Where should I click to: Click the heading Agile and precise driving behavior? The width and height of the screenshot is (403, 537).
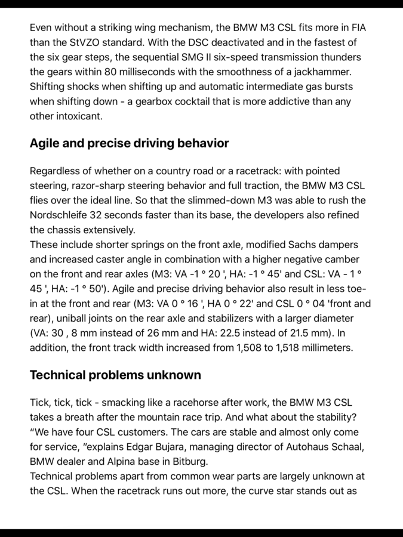point(129,143)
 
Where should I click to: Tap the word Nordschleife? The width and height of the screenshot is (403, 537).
point(59,215)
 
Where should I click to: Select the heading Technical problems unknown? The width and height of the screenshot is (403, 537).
point(115,375)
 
